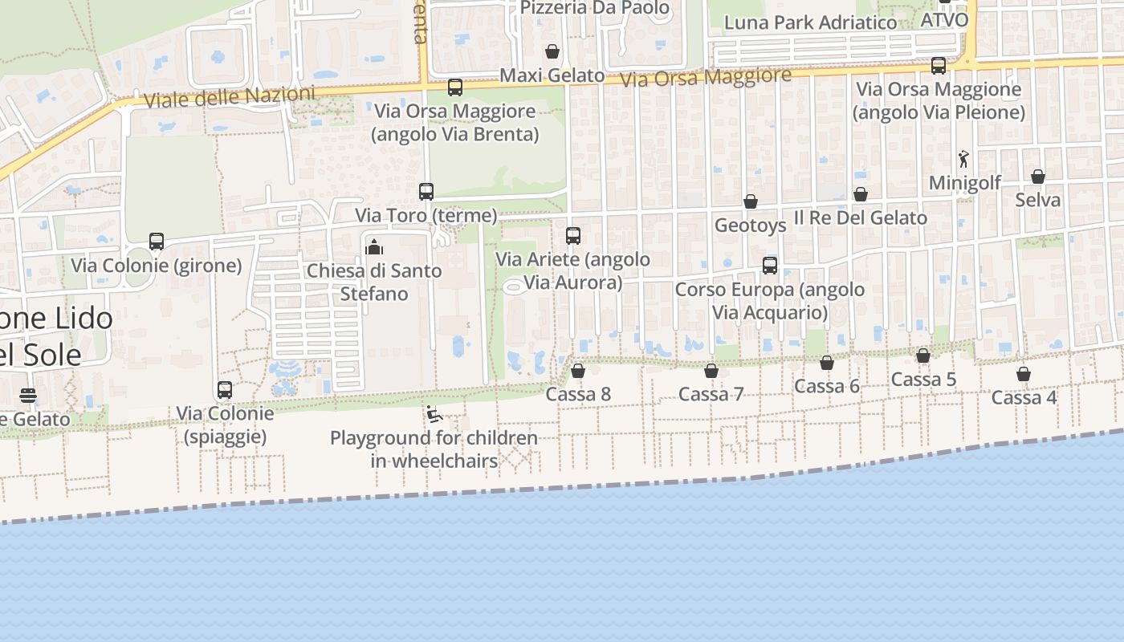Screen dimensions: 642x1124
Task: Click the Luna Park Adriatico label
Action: [810, 22]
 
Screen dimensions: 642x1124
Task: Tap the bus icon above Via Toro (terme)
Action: [426, 192]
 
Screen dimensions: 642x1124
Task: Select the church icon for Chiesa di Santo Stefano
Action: [374, 247]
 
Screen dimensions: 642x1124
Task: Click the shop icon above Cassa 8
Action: [578, 371]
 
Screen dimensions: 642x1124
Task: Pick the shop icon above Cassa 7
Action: [711, 371]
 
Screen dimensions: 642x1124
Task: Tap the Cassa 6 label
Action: [827, 386]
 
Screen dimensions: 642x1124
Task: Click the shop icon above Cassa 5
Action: [923, 356]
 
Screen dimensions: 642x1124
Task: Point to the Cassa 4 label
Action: [1024, 397]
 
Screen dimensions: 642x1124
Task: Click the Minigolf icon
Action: [963, 159]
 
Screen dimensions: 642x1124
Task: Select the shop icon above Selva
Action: [1038, 177]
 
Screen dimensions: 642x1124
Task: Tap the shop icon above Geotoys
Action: [751, 201]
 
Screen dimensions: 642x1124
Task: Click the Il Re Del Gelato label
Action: [861, 217]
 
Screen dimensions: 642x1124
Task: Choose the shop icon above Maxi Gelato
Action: [552, 52]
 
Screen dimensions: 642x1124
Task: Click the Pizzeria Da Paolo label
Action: [595, 8]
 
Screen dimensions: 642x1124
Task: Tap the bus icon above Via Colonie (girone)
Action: [157, 242]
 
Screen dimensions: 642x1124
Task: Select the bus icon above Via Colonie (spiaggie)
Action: [225, 390]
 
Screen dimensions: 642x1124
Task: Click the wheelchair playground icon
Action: [434, 415]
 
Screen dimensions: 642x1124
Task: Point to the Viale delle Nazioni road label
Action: [230, 97]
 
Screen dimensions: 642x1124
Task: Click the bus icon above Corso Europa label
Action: [770, 266]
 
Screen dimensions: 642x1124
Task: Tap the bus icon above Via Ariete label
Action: [573, 236]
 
